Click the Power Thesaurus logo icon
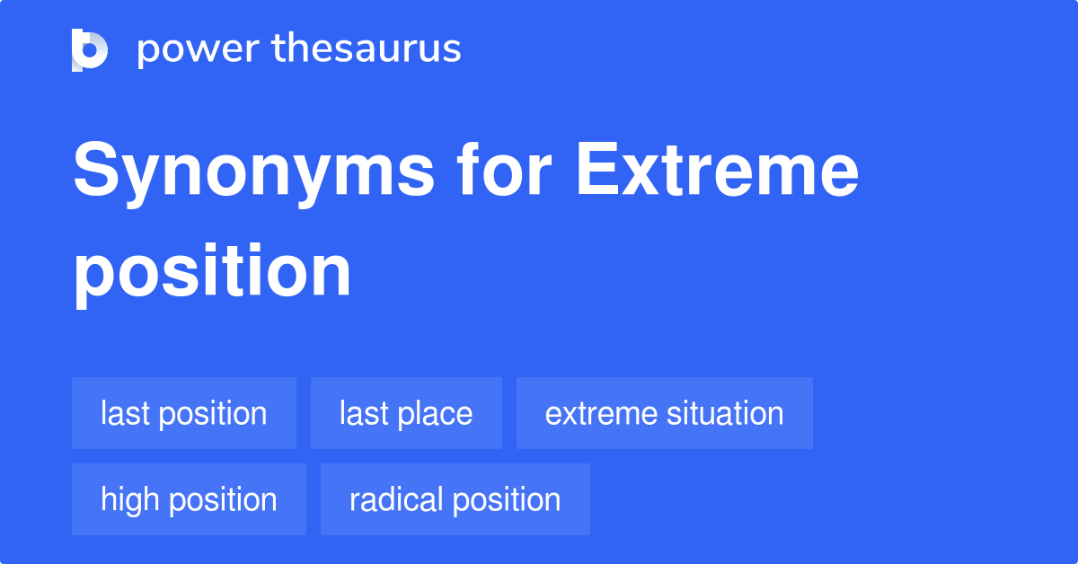pyautogui.click(x=90, y=49)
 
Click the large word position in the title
pyautogui.click(x=212, y=271)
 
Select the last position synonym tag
pyautogui.click(x=184, y=413)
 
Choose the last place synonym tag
pyautogui.click(x=406, y=413)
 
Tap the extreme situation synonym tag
pyautogui.click(x=664, y=413)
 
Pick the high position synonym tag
pyautogui.click(x=189, y=499)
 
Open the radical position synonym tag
pyautogui.click(x=455, y=499)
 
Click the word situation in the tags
pyautogui.click(x=725, y=413)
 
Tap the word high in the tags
pyautogui.click(x=126, y=499)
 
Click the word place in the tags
pyautogui.click(x=437, y=414)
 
